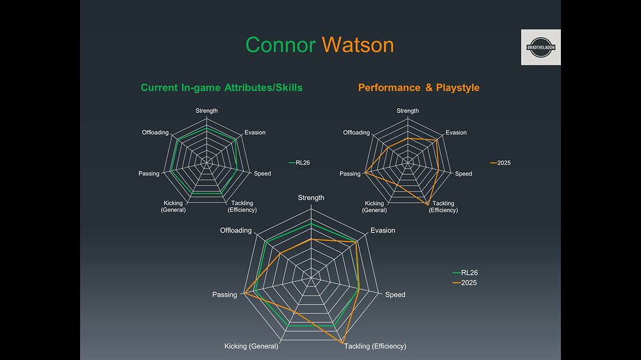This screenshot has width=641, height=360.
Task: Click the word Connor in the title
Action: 280,45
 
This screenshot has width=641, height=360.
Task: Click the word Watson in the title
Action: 358,45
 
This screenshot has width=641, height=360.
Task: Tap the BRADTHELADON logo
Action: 540,47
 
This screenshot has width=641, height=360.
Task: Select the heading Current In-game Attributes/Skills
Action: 222,88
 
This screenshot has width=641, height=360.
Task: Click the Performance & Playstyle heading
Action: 419,88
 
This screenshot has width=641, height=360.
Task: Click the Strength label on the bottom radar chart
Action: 311,198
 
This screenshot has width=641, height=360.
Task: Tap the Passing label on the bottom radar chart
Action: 224,295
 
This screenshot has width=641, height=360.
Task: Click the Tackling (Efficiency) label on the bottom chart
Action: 375,347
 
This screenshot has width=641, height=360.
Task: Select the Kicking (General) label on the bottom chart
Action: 251,347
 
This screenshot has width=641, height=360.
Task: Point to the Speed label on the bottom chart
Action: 395,295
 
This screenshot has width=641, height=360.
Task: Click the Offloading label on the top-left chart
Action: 156,133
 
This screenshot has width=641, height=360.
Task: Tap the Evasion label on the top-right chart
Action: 456,133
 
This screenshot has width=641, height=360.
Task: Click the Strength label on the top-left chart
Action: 206,111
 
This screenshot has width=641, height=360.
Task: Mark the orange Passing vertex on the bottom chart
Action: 245,294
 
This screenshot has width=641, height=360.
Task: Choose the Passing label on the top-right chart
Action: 350,174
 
